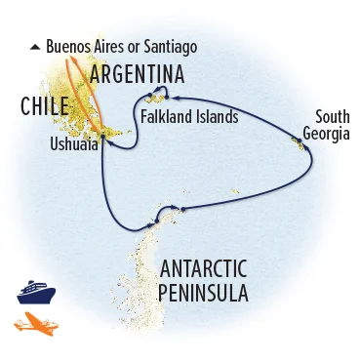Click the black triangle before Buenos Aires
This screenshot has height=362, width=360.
36,46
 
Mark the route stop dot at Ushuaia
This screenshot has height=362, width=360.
101,141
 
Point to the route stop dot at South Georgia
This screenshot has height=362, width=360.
302,147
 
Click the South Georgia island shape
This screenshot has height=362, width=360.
296,144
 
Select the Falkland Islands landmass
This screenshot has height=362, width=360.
156,99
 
